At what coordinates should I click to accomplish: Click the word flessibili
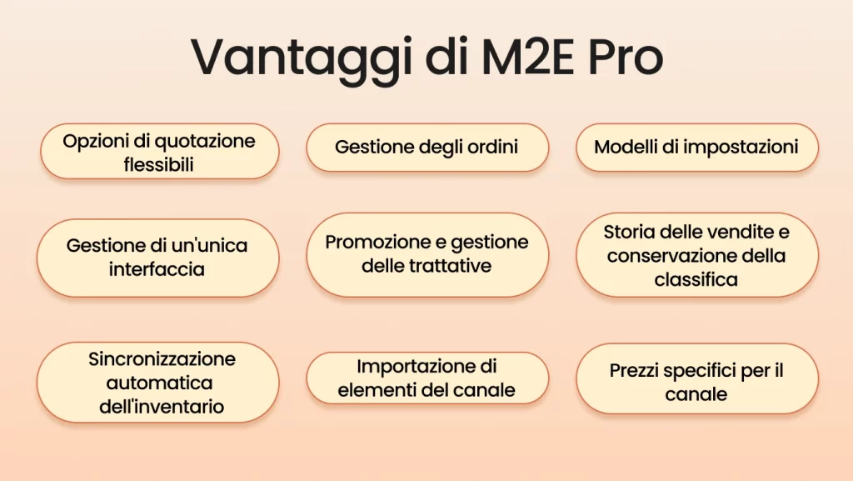pyautogui.click(x=159, y=164)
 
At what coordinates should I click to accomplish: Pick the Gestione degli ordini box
pyautogui.click(x=426, y=148)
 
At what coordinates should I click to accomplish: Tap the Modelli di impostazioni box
pyautogui.click(x=696, y=148)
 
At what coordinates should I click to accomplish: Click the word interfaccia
pyautogui.click(x=157, y=270)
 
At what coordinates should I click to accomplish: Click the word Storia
pyautogui.click(x=631, y=231)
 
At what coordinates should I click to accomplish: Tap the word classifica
pyautogui.click(x=696, y=280)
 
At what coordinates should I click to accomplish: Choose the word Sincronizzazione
pyautogui.click(x=162, y=359)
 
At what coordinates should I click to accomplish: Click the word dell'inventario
pyautogui.click(x=158, y=408)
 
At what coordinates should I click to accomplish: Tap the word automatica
pyautogui.click(x=158, y=383)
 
